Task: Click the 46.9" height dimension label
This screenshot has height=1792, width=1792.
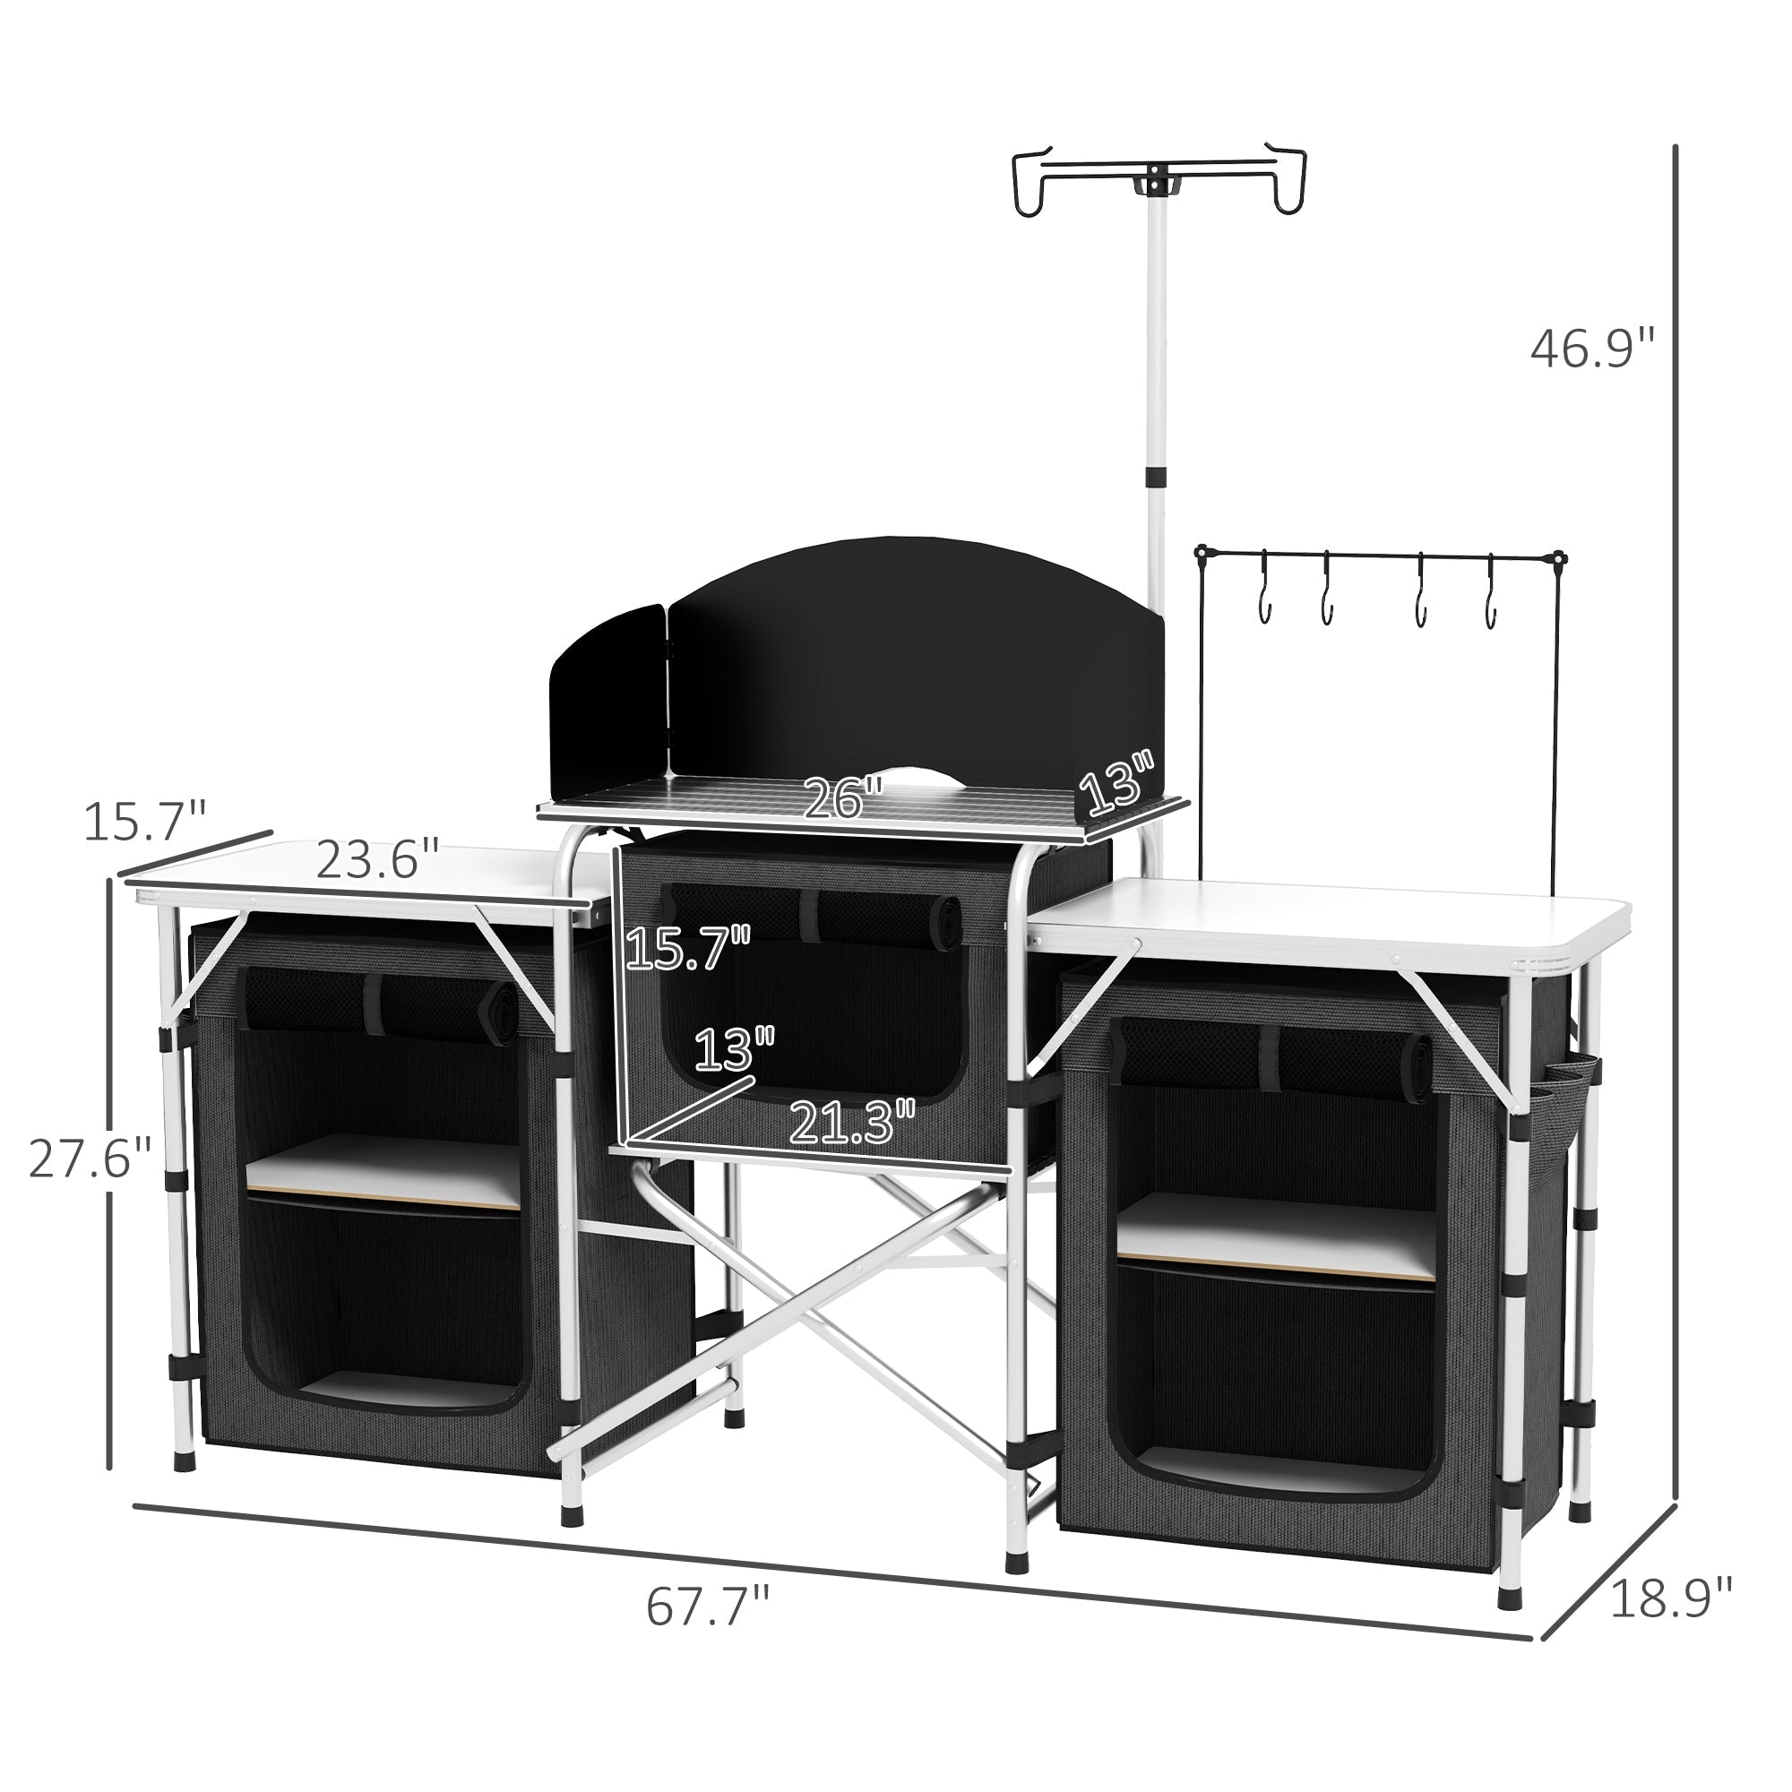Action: pyautogui.click(x=1592, y=350)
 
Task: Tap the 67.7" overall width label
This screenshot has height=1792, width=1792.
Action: pyautogui.click(x=709, y=1607)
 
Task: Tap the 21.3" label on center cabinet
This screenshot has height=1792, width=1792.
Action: pyautogui.click(x=852, y=1122)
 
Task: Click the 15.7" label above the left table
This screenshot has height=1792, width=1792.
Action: pyautogui.click(x=143, y=822)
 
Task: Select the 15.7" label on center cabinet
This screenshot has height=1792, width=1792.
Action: pyautogui.click(x=687, y=949)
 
